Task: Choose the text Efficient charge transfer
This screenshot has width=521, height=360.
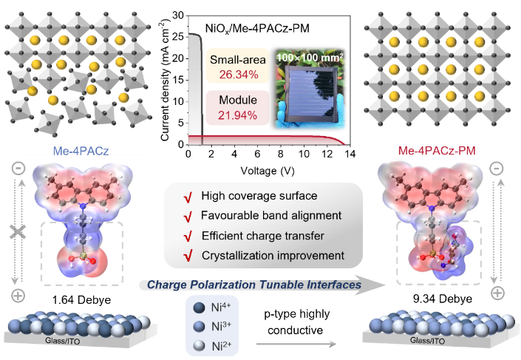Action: [263, 237]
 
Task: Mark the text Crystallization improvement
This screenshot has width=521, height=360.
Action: [273, 256]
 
